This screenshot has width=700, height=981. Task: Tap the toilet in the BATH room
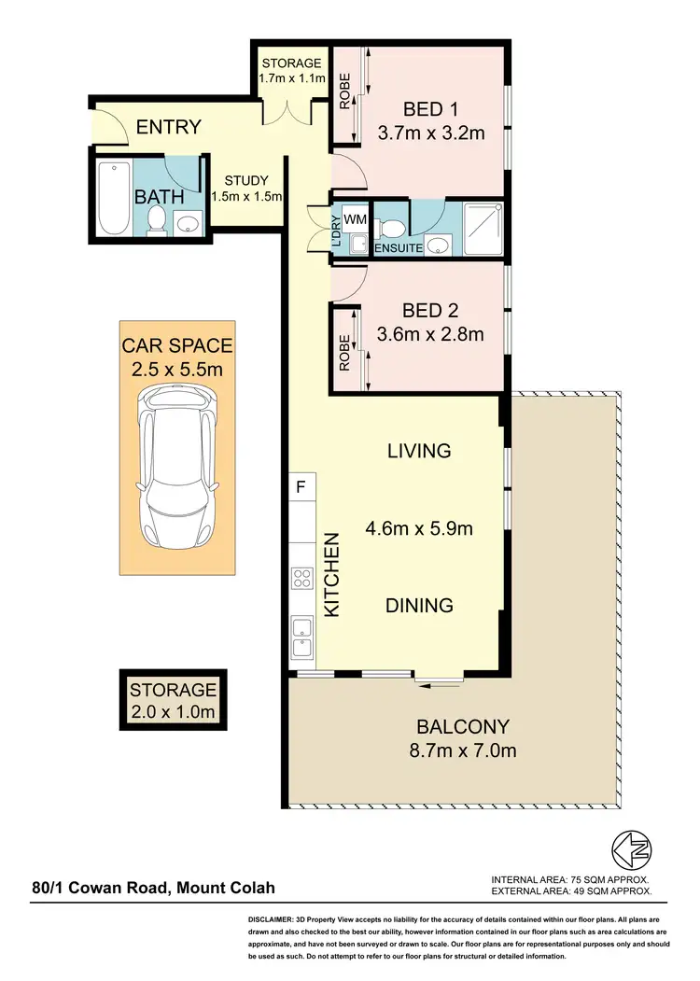click(157, 220)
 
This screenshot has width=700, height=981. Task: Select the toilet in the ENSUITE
click(394, 228)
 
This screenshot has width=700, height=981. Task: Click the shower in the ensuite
click(481, 226)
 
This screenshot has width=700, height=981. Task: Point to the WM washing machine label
click(355, 218)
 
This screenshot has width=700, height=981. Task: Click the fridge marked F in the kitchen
click(301, 486)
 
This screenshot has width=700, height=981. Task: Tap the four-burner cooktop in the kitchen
click(302, 578)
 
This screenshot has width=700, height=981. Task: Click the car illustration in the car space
click(176, 472)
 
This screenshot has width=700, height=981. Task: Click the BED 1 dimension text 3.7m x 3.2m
click(431, 133)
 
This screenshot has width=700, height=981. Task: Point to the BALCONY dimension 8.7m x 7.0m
click(463, 750)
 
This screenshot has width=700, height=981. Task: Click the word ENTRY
click(169, 128)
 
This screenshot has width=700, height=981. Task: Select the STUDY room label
click(246, 181)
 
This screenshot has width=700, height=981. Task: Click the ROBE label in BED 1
click(344, 91)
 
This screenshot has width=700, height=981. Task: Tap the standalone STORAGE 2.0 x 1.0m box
click(174, 702)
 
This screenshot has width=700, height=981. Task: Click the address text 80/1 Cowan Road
click(153, 890)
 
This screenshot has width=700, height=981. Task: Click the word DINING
click(420, 605)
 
